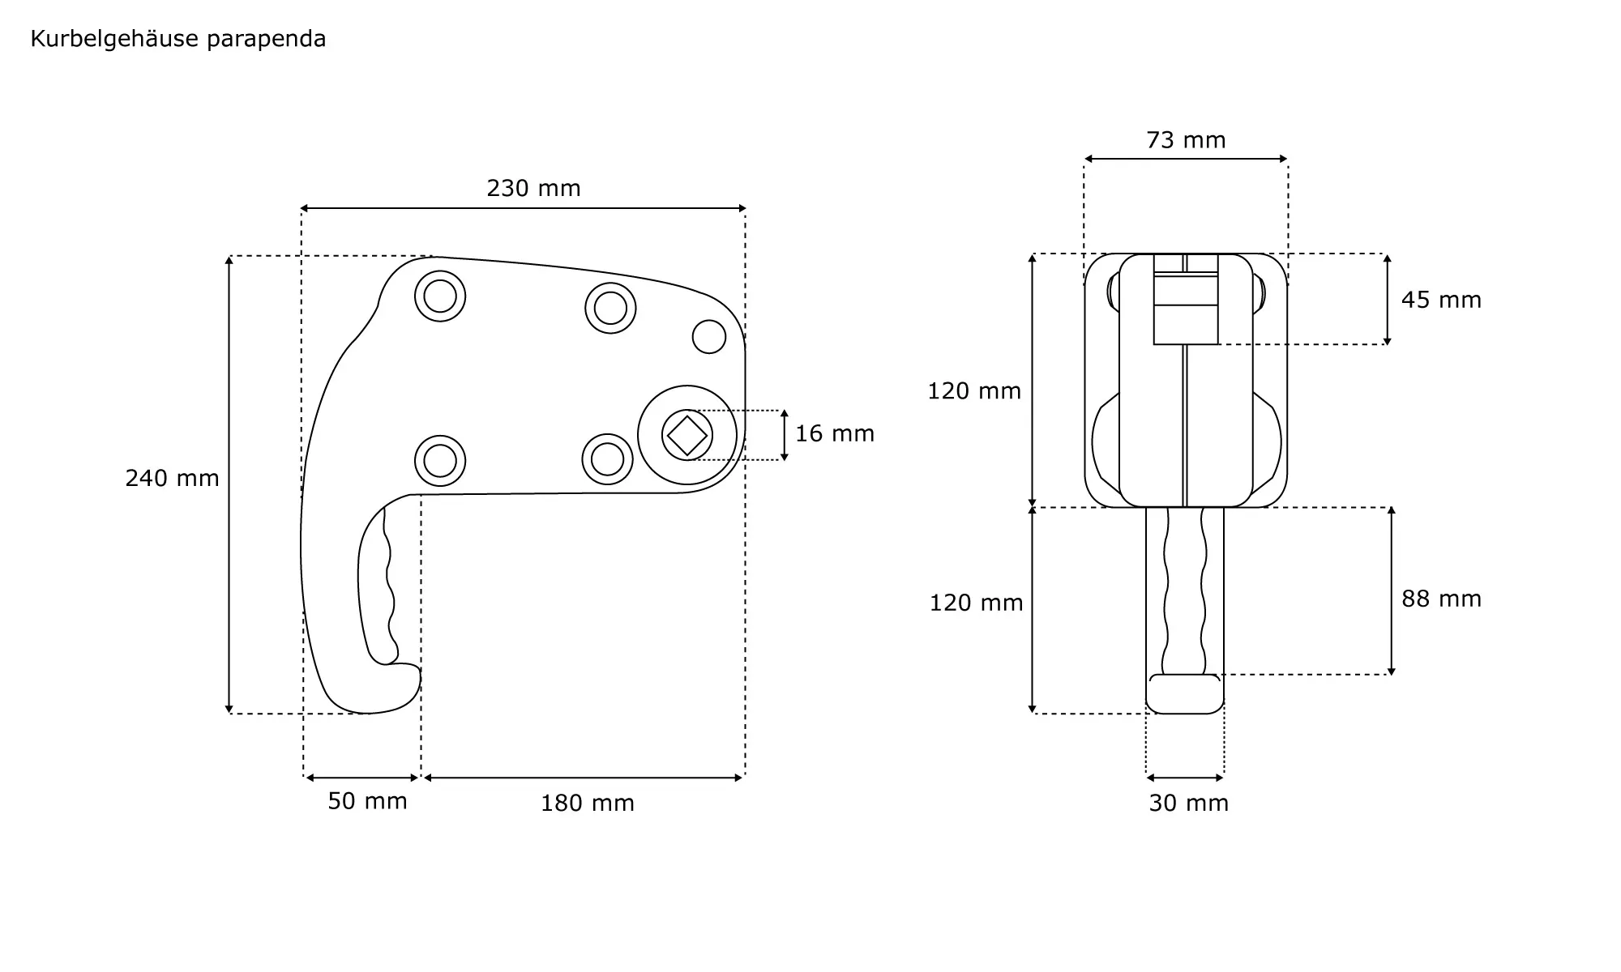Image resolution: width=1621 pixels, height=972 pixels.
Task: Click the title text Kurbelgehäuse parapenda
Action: (x=178, y=39)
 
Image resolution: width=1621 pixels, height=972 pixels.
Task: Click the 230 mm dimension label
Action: (x=533, y=189)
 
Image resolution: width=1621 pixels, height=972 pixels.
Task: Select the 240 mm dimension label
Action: (x=172, y=479)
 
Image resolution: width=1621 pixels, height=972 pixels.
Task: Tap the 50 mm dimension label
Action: (x=367, y=801)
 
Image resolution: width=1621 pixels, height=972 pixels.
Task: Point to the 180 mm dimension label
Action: (x=588, y=804)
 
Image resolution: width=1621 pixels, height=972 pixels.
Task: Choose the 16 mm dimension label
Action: (x=835, y=434)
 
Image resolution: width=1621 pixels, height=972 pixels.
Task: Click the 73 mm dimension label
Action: (x=1186, y=140)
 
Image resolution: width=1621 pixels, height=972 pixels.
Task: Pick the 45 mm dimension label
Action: (x=1441, y=301)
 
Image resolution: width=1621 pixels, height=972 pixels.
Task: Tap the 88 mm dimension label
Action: (x=1441, y=599)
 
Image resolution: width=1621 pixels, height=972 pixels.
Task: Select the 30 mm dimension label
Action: (x=1188, y=804)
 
